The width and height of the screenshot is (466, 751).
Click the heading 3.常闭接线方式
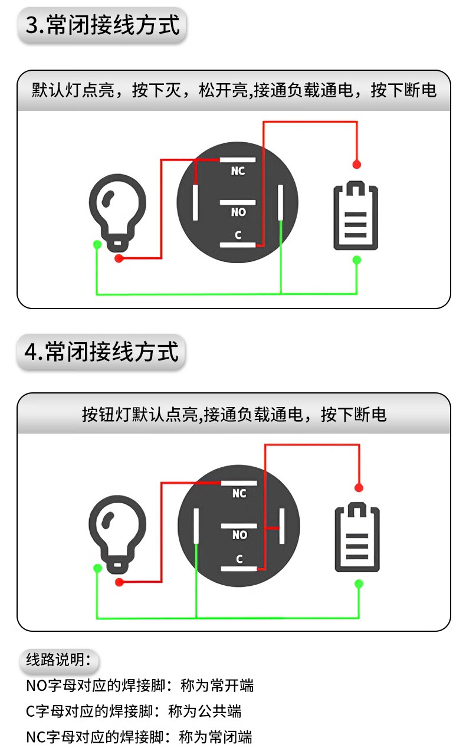point(103,25)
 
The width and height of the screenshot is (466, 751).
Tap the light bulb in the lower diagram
point(117,532)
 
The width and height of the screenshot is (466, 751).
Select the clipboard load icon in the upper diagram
point(356,216)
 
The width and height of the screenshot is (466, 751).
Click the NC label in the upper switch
point(238,171)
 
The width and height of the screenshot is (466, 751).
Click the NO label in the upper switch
point(238,212)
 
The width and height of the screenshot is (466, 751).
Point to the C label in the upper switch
point(238,235)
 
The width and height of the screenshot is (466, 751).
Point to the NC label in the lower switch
point(239,493)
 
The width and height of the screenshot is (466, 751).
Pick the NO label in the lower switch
point(239,535)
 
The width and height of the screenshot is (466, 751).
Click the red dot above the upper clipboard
point(356,164)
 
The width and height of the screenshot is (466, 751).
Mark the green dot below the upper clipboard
point(356,260)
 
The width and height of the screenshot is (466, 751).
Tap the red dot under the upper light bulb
point(119,258)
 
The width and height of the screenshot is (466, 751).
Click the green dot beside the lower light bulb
point(97,568)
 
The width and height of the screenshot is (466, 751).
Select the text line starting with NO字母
point(140,686)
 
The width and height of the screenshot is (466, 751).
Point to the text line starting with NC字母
point(139,737)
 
